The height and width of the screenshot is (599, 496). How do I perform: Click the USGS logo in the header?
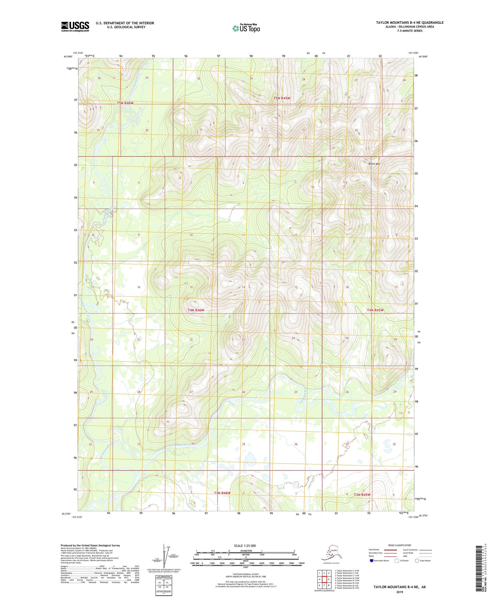(x=75, y=26)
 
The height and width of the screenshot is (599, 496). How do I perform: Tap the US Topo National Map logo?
(x=246, y=28)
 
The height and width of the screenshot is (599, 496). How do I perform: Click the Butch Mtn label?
(x=374, y=164)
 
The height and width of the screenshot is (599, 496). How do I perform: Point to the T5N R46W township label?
(x=125, y=103)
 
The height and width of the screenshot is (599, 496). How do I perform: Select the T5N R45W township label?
(x=282, y=98)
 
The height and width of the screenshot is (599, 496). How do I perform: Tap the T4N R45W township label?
(x=375, y=310)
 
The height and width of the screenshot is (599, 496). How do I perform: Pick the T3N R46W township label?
(x=222, y=493)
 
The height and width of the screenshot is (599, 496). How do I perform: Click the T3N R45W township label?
(x=362, y=495)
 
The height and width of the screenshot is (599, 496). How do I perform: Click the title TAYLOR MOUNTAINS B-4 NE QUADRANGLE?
(x=409, y=22)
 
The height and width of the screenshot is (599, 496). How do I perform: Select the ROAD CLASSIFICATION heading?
(x=400, y=545)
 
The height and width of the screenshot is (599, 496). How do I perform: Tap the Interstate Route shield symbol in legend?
(x=372, y=561)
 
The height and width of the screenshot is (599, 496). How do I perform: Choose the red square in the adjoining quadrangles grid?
(x=324, y=579)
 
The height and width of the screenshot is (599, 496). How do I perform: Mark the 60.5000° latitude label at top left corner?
(x=68, y=56)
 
